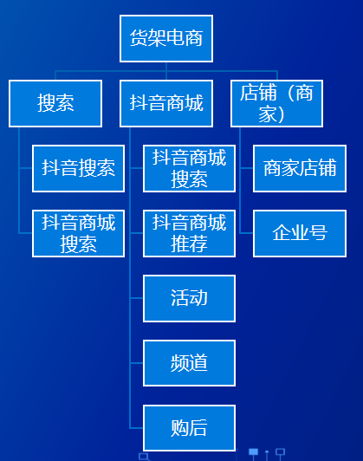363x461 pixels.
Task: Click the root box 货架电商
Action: [x=166, y=38]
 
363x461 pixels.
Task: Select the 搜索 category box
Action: [x=55, y=103]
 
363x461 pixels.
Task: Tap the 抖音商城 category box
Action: [x=166, y=103]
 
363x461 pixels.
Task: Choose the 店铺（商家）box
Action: [x=276, y=103]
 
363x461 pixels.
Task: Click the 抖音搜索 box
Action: [x=79, y=168]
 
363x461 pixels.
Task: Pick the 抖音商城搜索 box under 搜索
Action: [x=79, y=233]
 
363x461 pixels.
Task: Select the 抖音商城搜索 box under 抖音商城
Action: [x=189, y=168]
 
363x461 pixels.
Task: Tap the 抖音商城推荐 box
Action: [x=189, y=233]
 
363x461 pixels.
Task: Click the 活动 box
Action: [x=189, y=298]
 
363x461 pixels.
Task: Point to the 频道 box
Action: [x=189, y=363]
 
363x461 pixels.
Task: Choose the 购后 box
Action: [x=189, y=428]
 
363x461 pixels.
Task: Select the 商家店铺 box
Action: [x=300, y=168]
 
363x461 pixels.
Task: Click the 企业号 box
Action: [x=300, y=233]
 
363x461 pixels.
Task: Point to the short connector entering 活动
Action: [x=136, y=298]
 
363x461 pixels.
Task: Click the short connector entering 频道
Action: [x=136, y=363]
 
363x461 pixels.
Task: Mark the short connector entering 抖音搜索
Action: [x=26, y=168]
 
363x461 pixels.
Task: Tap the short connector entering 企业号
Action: [x=246, y=233]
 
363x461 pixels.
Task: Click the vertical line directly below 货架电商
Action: [x=166, y=71]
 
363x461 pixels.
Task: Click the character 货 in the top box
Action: [x=139, y=38]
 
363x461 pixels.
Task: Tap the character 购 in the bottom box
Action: [x=179, y=428]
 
